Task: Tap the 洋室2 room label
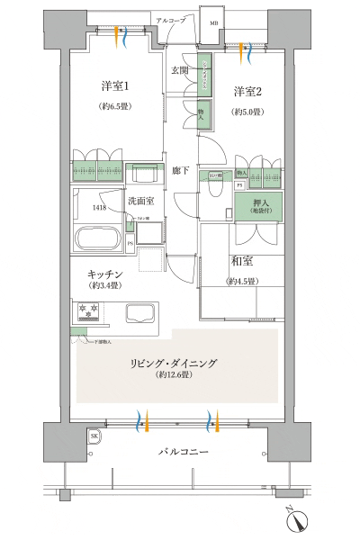click(247, 92)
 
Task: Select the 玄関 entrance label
click(179, 70)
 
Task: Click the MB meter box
click(212, 22)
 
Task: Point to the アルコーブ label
click(170, 19)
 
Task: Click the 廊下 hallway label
click(180, 168)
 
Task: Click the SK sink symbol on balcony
click(94, 436)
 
